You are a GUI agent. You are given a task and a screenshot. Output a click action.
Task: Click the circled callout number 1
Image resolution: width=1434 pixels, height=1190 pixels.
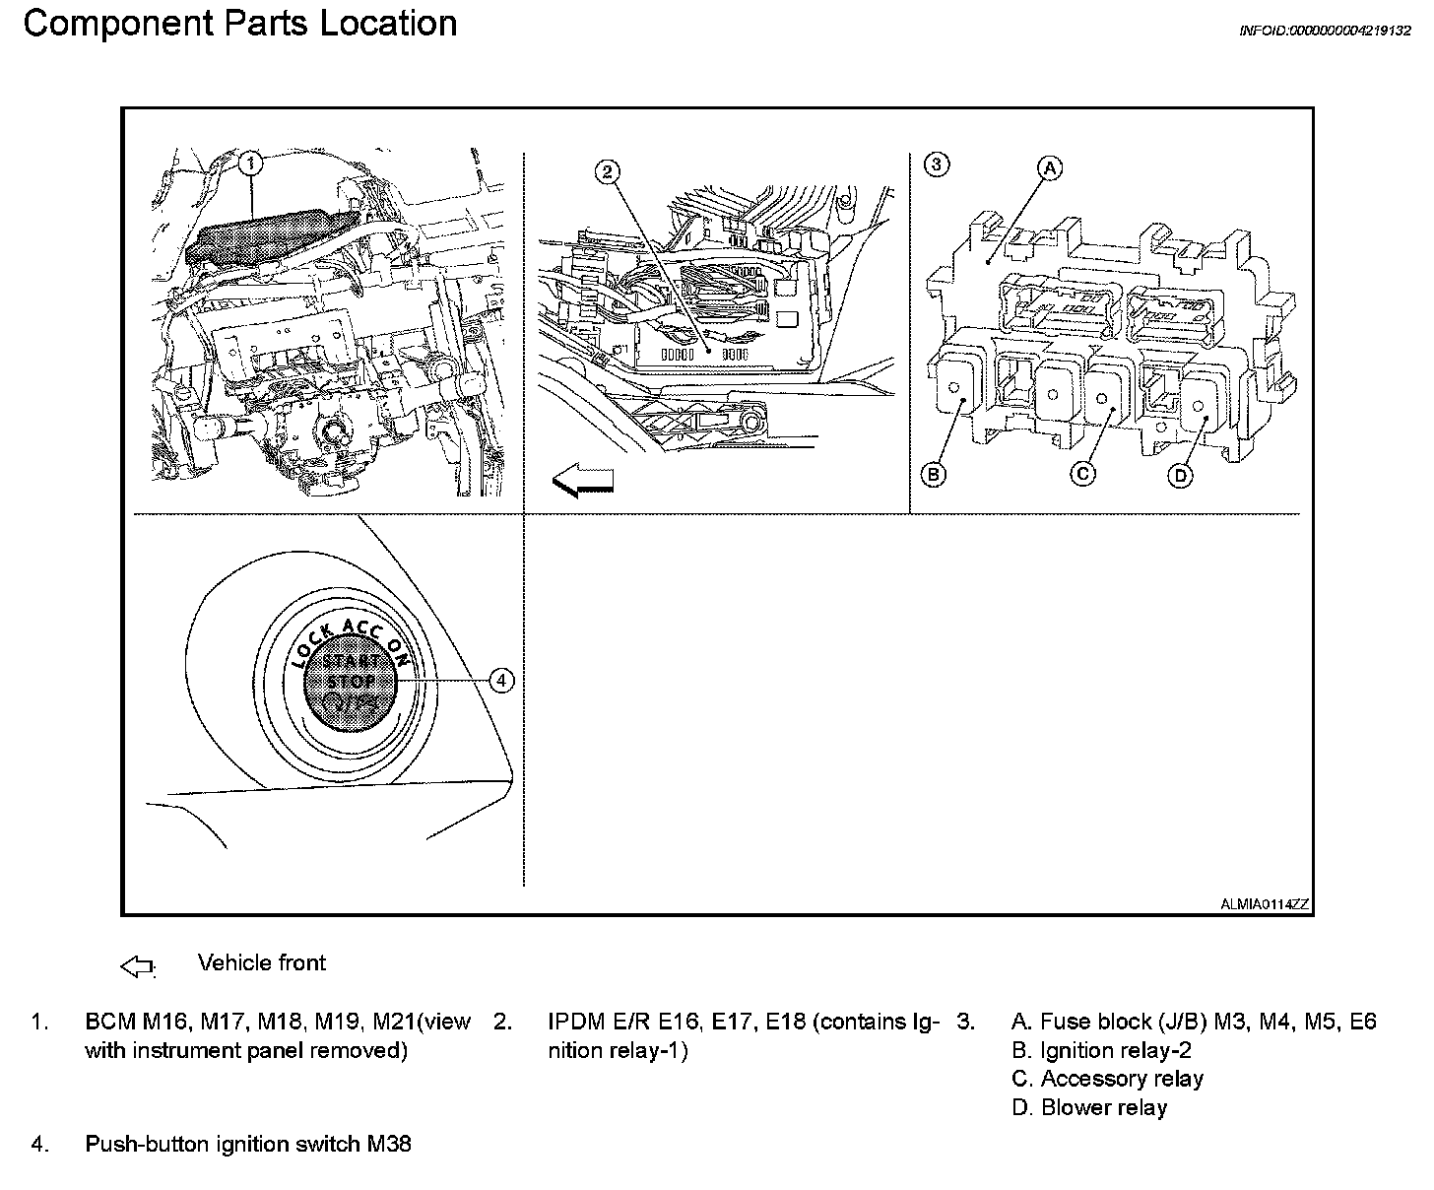[251, 163]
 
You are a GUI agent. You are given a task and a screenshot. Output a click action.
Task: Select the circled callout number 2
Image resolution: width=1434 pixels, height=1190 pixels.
[609, 171]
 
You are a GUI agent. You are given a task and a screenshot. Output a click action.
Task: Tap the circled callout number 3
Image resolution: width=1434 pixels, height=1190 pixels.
[937, 165]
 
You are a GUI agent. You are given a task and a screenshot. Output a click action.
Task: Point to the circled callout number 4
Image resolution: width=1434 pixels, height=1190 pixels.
[501, 680]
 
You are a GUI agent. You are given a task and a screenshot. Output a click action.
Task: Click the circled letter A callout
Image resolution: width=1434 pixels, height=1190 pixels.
[1051, 168]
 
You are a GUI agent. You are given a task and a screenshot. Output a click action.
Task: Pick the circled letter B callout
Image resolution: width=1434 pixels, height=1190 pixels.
[934, 475]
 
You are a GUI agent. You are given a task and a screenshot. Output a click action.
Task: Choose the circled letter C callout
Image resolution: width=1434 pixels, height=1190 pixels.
[1082, 474]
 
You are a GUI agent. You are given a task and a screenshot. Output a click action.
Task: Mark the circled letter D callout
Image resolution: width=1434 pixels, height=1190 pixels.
[1180, 476]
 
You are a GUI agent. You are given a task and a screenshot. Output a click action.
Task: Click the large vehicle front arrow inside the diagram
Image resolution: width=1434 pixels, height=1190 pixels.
[583, 481]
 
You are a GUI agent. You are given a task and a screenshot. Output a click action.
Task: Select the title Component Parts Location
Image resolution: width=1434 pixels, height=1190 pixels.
[240, 24]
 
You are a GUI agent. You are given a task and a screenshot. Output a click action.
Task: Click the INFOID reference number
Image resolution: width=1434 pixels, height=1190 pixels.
[1325, 31]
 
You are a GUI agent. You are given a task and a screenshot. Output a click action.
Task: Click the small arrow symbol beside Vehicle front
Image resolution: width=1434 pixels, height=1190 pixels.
[138, 966]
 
